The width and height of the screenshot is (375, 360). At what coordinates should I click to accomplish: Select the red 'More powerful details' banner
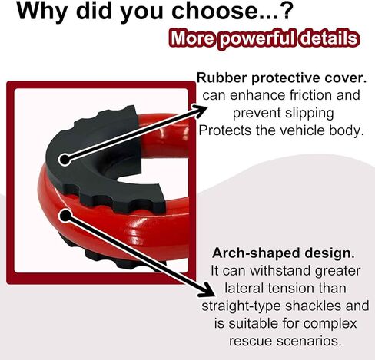point(264,38)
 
